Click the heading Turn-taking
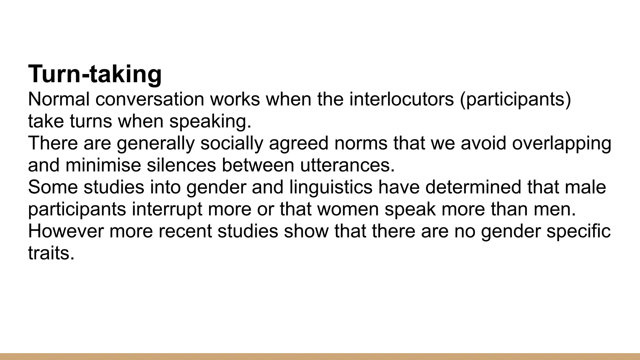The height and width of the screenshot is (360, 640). click(95, 74)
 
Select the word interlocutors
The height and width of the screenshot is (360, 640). click(401, 99)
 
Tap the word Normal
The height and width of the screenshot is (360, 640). click(58, 99)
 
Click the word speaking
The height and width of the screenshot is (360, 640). click(210, 122)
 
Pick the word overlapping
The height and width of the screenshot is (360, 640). click(562, 143)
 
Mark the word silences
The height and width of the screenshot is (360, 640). click(181, 165)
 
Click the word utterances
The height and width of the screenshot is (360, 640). click(347, 165)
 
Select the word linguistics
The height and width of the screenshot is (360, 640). click(331, 187)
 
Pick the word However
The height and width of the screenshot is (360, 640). click(66, 231)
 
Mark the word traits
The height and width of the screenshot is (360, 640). click(51, 253)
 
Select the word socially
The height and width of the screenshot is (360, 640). click(232, 143)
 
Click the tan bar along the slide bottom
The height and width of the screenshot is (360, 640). click(320, 356)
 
